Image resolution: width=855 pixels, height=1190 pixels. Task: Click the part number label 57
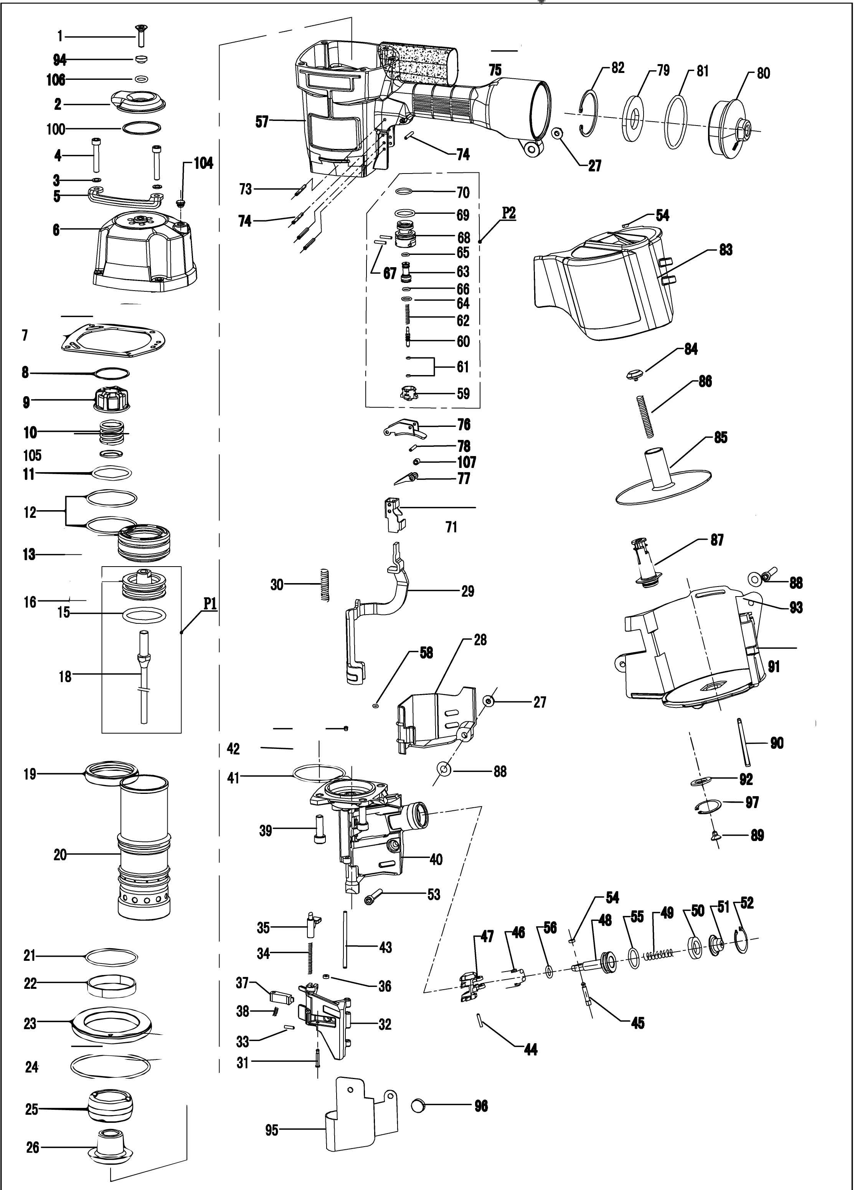click(262, 122)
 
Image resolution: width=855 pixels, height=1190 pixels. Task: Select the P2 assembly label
click(508, 213)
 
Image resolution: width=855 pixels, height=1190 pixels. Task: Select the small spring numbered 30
click(325, 585)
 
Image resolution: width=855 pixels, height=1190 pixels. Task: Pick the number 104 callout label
click(203, 163)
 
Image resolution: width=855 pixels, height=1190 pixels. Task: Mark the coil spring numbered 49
click(659, 954)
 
